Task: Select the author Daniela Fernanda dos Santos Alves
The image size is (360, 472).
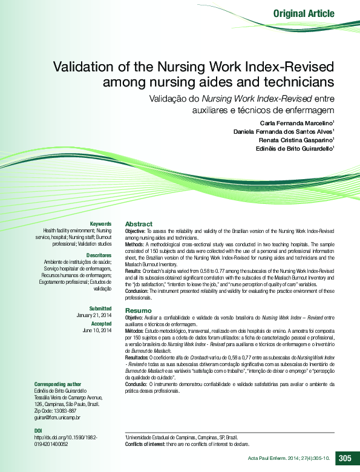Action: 283,131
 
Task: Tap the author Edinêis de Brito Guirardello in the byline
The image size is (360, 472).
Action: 295,149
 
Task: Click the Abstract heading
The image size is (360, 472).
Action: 139,224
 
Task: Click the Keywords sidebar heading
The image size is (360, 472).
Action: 100,224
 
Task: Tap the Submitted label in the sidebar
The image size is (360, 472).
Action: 100,309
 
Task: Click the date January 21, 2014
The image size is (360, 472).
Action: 94,315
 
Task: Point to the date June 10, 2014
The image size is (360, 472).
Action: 97,330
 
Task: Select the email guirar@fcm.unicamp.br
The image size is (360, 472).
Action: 57,418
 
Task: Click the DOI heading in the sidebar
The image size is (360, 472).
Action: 39,430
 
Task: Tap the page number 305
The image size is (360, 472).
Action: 345,458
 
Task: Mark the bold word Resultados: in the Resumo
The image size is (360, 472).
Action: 139,358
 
